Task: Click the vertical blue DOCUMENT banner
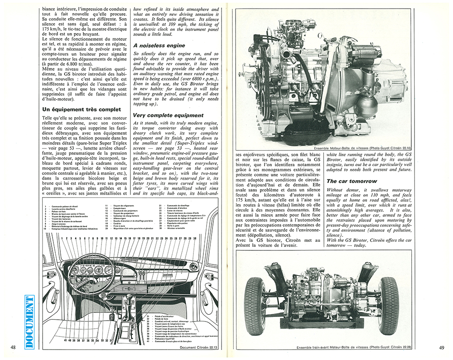30,322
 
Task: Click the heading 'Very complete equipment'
168,115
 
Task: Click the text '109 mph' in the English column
181,22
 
